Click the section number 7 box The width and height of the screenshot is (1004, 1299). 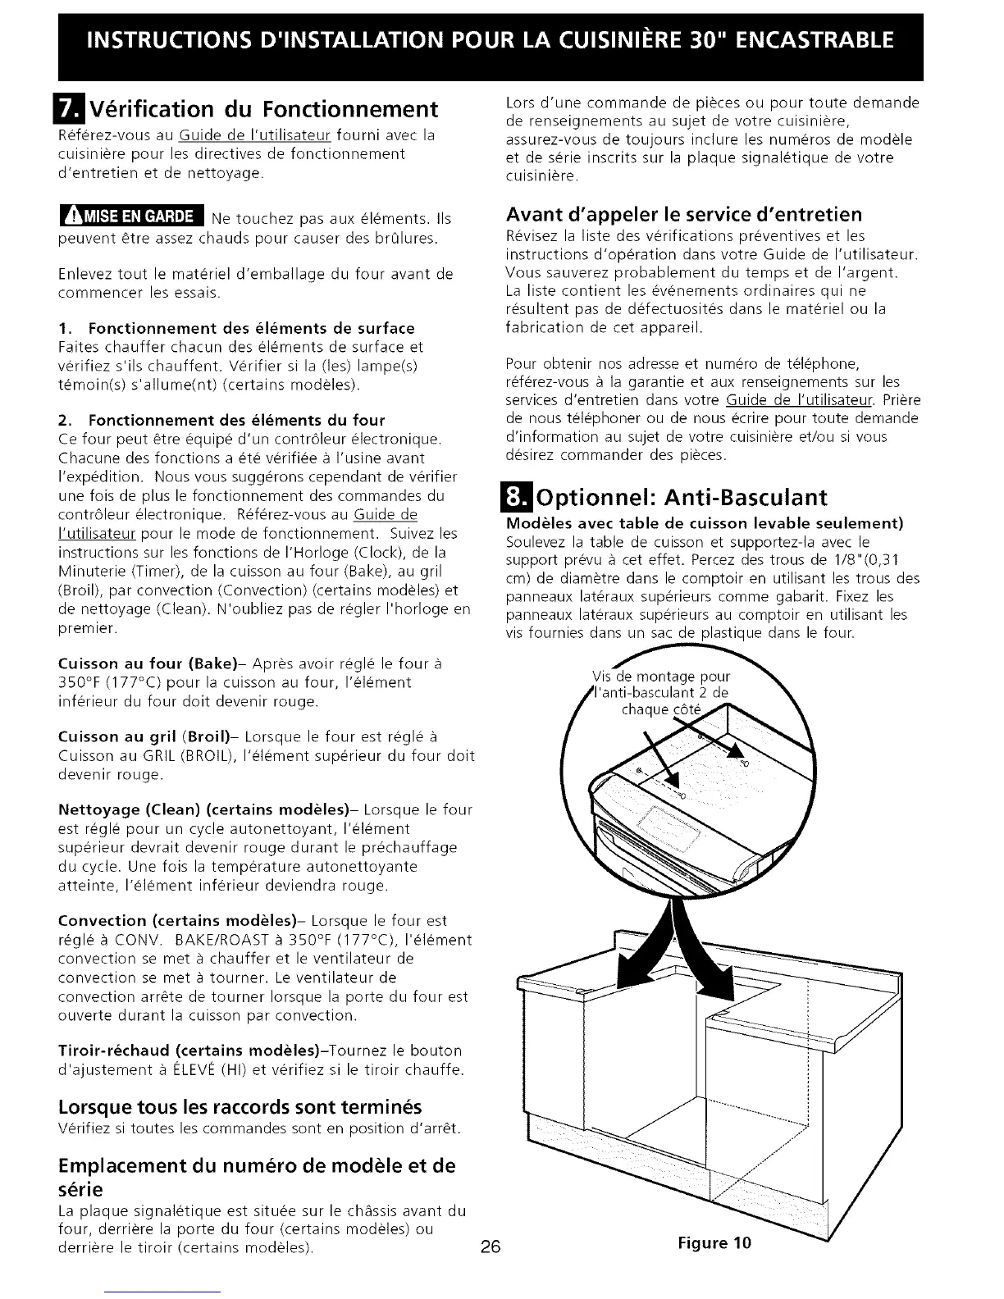tap(69, 109)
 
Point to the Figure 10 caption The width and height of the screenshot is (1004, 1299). tap(714, 1242)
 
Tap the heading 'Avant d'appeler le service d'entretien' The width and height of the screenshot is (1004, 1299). tap(684, 215)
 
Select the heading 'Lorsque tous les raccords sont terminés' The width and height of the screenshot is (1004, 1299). tap(240, 1108)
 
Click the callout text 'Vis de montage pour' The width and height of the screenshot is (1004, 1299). tap(661, 677)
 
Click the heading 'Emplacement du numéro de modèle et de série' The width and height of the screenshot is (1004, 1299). tap(257, 1177)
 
